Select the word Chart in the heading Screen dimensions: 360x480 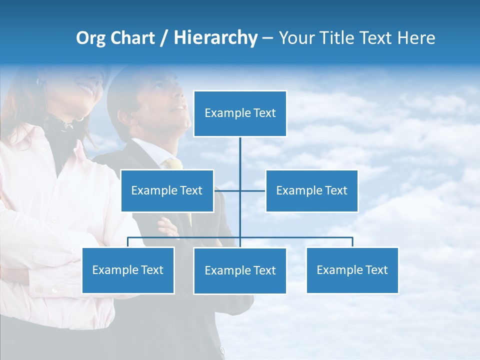click(x=130, y=38)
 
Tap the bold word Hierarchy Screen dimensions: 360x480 click(x=215, y=38)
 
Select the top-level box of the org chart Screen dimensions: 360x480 click(x=240, y=113)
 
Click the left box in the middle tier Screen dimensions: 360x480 click(x=167, y=190)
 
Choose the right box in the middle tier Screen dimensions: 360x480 click(x=311, y=190)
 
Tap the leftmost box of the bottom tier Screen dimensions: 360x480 click(x=128, y=270)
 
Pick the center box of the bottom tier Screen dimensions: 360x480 click(x=240, y=271)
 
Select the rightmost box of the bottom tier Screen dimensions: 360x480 click(x=352, y=270)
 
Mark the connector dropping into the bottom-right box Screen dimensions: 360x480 click(x=352, y=242)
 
